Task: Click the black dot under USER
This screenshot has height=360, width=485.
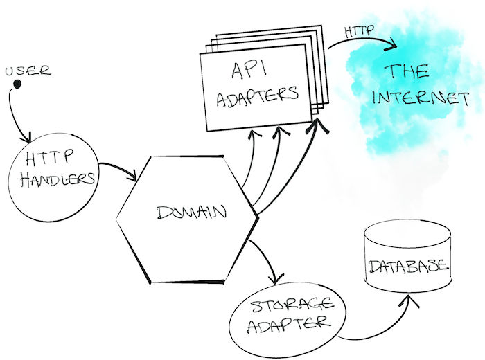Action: [18, 84]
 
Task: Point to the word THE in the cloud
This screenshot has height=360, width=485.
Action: [407, 71]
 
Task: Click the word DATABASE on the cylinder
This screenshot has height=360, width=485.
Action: [408, 267]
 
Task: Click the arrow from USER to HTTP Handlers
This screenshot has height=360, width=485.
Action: [15, 114]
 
